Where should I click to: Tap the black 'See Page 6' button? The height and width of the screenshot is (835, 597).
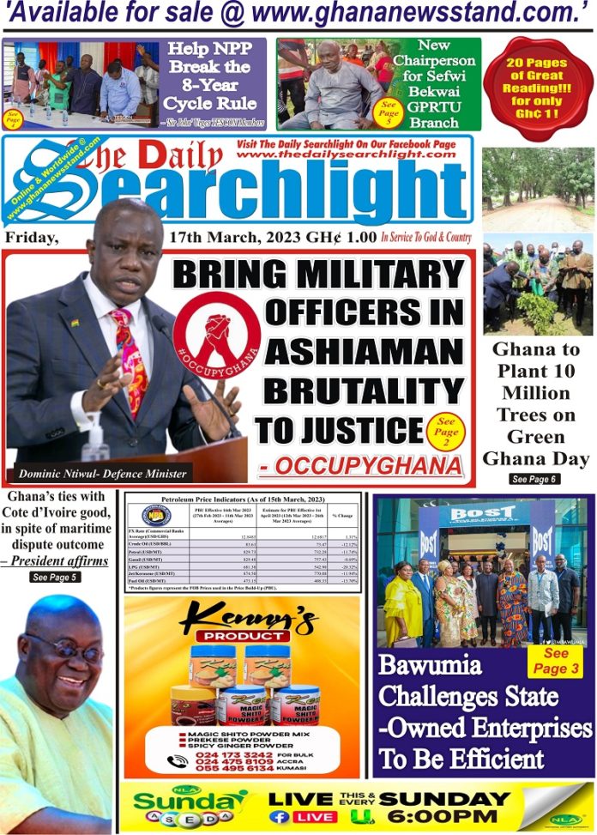click(535, 479)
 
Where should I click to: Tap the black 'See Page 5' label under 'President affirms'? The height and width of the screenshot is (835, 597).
click(55, 578)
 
